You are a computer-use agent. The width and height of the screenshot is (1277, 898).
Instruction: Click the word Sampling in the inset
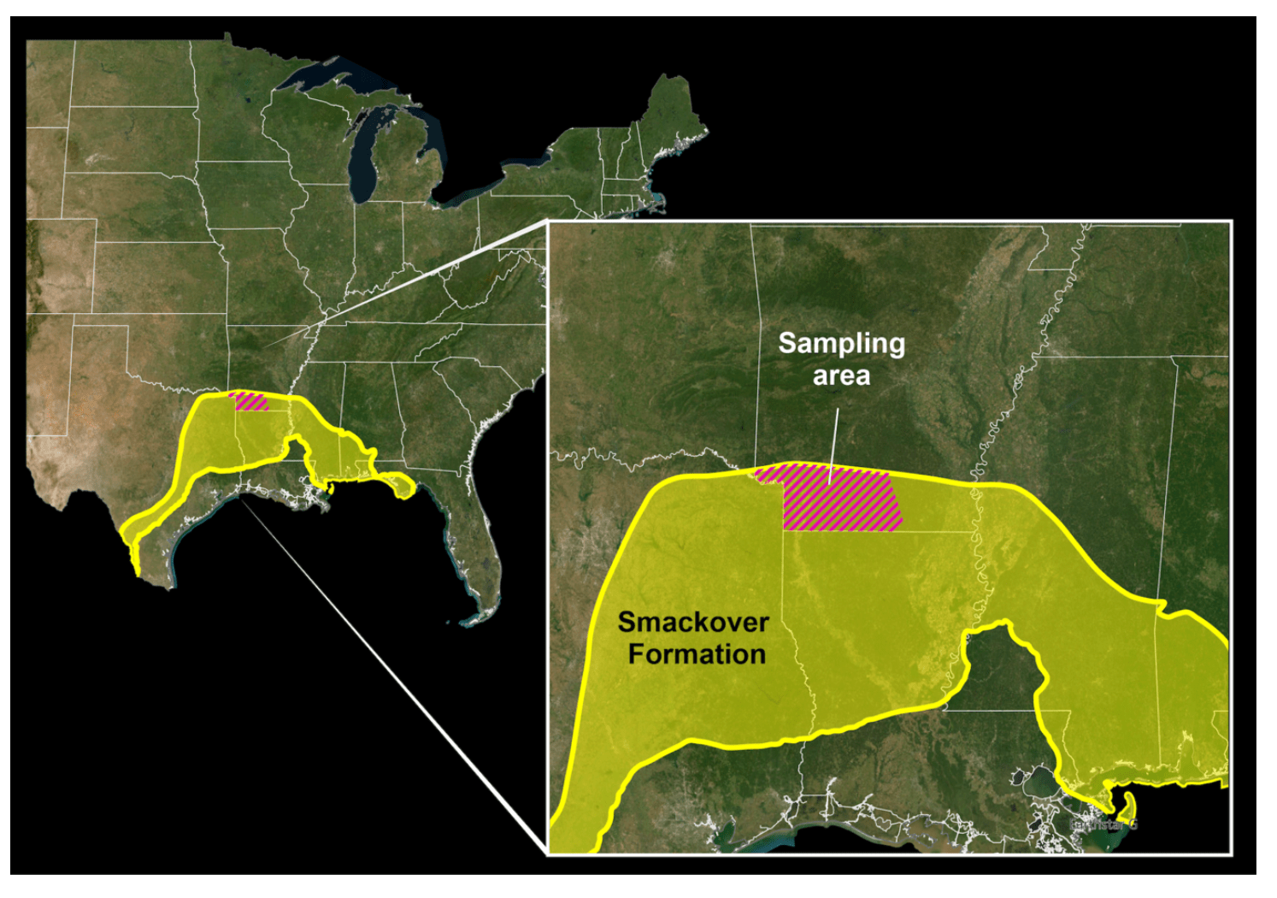pos(841,344)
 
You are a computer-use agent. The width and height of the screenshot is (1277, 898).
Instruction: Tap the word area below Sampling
pos(841,375)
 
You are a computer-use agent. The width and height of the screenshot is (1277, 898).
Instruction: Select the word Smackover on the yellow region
pos(693,622)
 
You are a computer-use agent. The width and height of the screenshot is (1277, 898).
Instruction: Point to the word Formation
pos(697,654)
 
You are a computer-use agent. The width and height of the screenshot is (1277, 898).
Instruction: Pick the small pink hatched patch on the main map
pos(250,401)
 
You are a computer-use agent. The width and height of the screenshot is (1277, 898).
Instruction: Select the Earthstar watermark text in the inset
pos(1104,824)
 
